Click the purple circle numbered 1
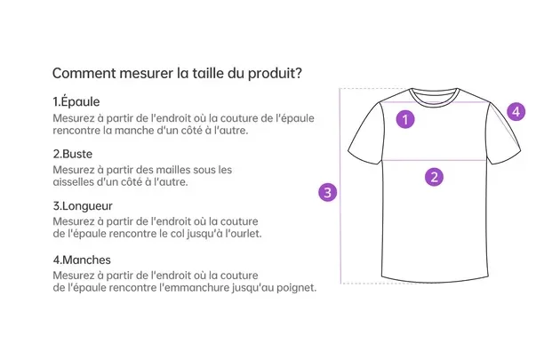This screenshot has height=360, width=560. click(405, 119)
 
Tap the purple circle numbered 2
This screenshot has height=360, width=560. click(435, 177)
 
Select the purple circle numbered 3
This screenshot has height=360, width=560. click(327, 193)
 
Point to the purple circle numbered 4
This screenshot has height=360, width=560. click(516, 112)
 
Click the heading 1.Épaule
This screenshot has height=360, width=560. click(76, 102)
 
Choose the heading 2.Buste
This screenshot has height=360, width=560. click(73, 154)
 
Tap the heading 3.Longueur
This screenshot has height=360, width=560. click(83, 206)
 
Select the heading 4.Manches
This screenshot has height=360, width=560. click(82, 260)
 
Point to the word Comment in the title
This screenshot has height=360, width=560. click(84, 73)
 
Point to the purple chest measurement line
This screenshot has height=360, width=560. click(435, 160)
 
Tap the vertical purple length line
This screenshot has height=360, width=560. click(340, 186)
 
